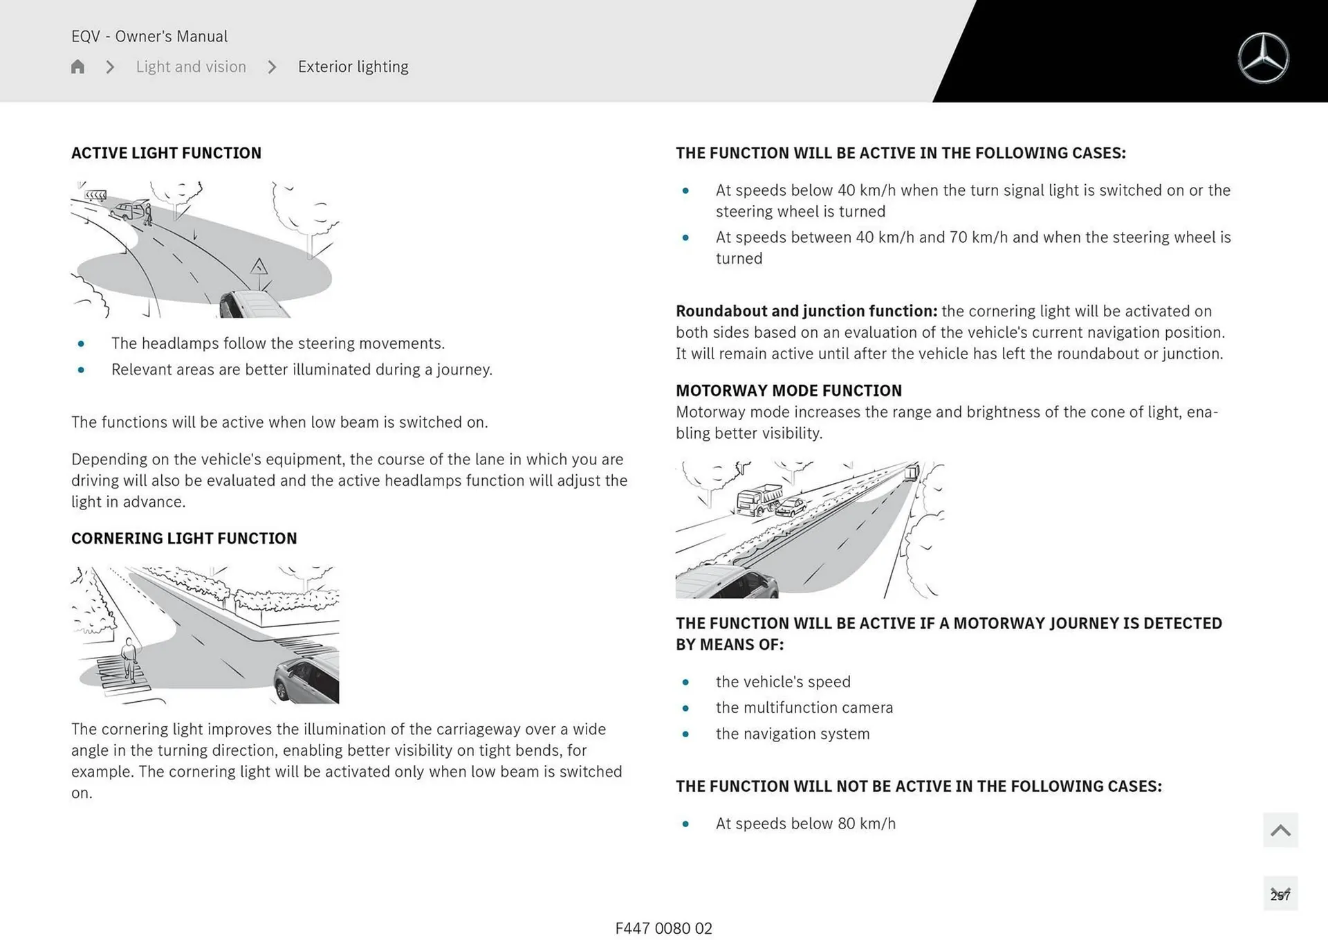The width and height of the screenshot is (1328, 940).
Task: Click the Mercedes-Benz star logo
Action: coord(1263,58)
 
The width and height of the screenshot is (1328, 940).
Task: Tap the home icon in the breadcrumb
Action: coord(77,66)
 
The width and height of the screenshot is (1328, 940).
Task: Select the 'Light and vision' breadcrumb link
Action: coord(191,66)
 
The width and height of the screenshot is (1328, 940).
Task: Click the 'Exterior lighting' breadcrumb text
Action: coord(353,66)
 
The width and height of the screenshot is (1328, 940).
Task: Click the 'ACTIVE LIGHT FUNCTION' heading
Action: coord(166,153)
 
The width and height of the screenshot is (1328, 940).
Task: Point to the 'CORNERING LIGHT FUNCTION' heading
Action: coord(184,539)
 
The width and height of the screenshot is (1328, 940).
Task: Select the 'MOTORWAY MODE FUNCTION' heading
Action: coord(788,390)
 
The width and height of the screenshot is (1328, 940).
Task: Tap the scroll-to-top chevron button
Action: coord(1280,830)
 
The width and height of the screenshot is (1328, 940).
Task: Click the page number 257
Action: coord(1280,895)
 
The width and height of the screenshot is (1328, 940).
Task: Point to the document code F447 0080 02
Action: coord(663,928)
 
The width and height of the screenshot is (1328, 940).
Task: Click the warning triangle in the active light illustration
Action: coord(259,266)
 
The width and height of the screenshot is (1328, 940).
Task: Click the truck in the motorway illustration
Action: coord(759,499)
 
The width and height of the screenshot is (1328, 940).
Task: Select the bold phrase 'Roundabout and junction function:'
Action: coord(806,311)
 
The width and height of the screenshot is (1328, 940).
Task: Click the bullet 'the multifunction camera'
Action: coord(804,707)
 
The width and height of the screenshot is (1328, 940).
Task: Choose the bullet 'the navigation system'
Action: coord(793,734)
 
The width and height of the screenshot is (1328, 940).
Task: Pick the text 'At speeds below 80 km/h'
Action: coord(805,824)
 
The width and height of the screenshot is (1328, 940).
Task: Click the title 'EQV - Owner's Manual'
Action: coord(149,36)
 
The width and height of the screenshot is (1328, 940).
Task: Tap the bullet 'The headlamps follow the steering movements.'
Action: coord(277,343)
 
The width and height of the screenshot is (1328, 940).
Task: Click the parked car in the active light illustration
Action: coord(129,210)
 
